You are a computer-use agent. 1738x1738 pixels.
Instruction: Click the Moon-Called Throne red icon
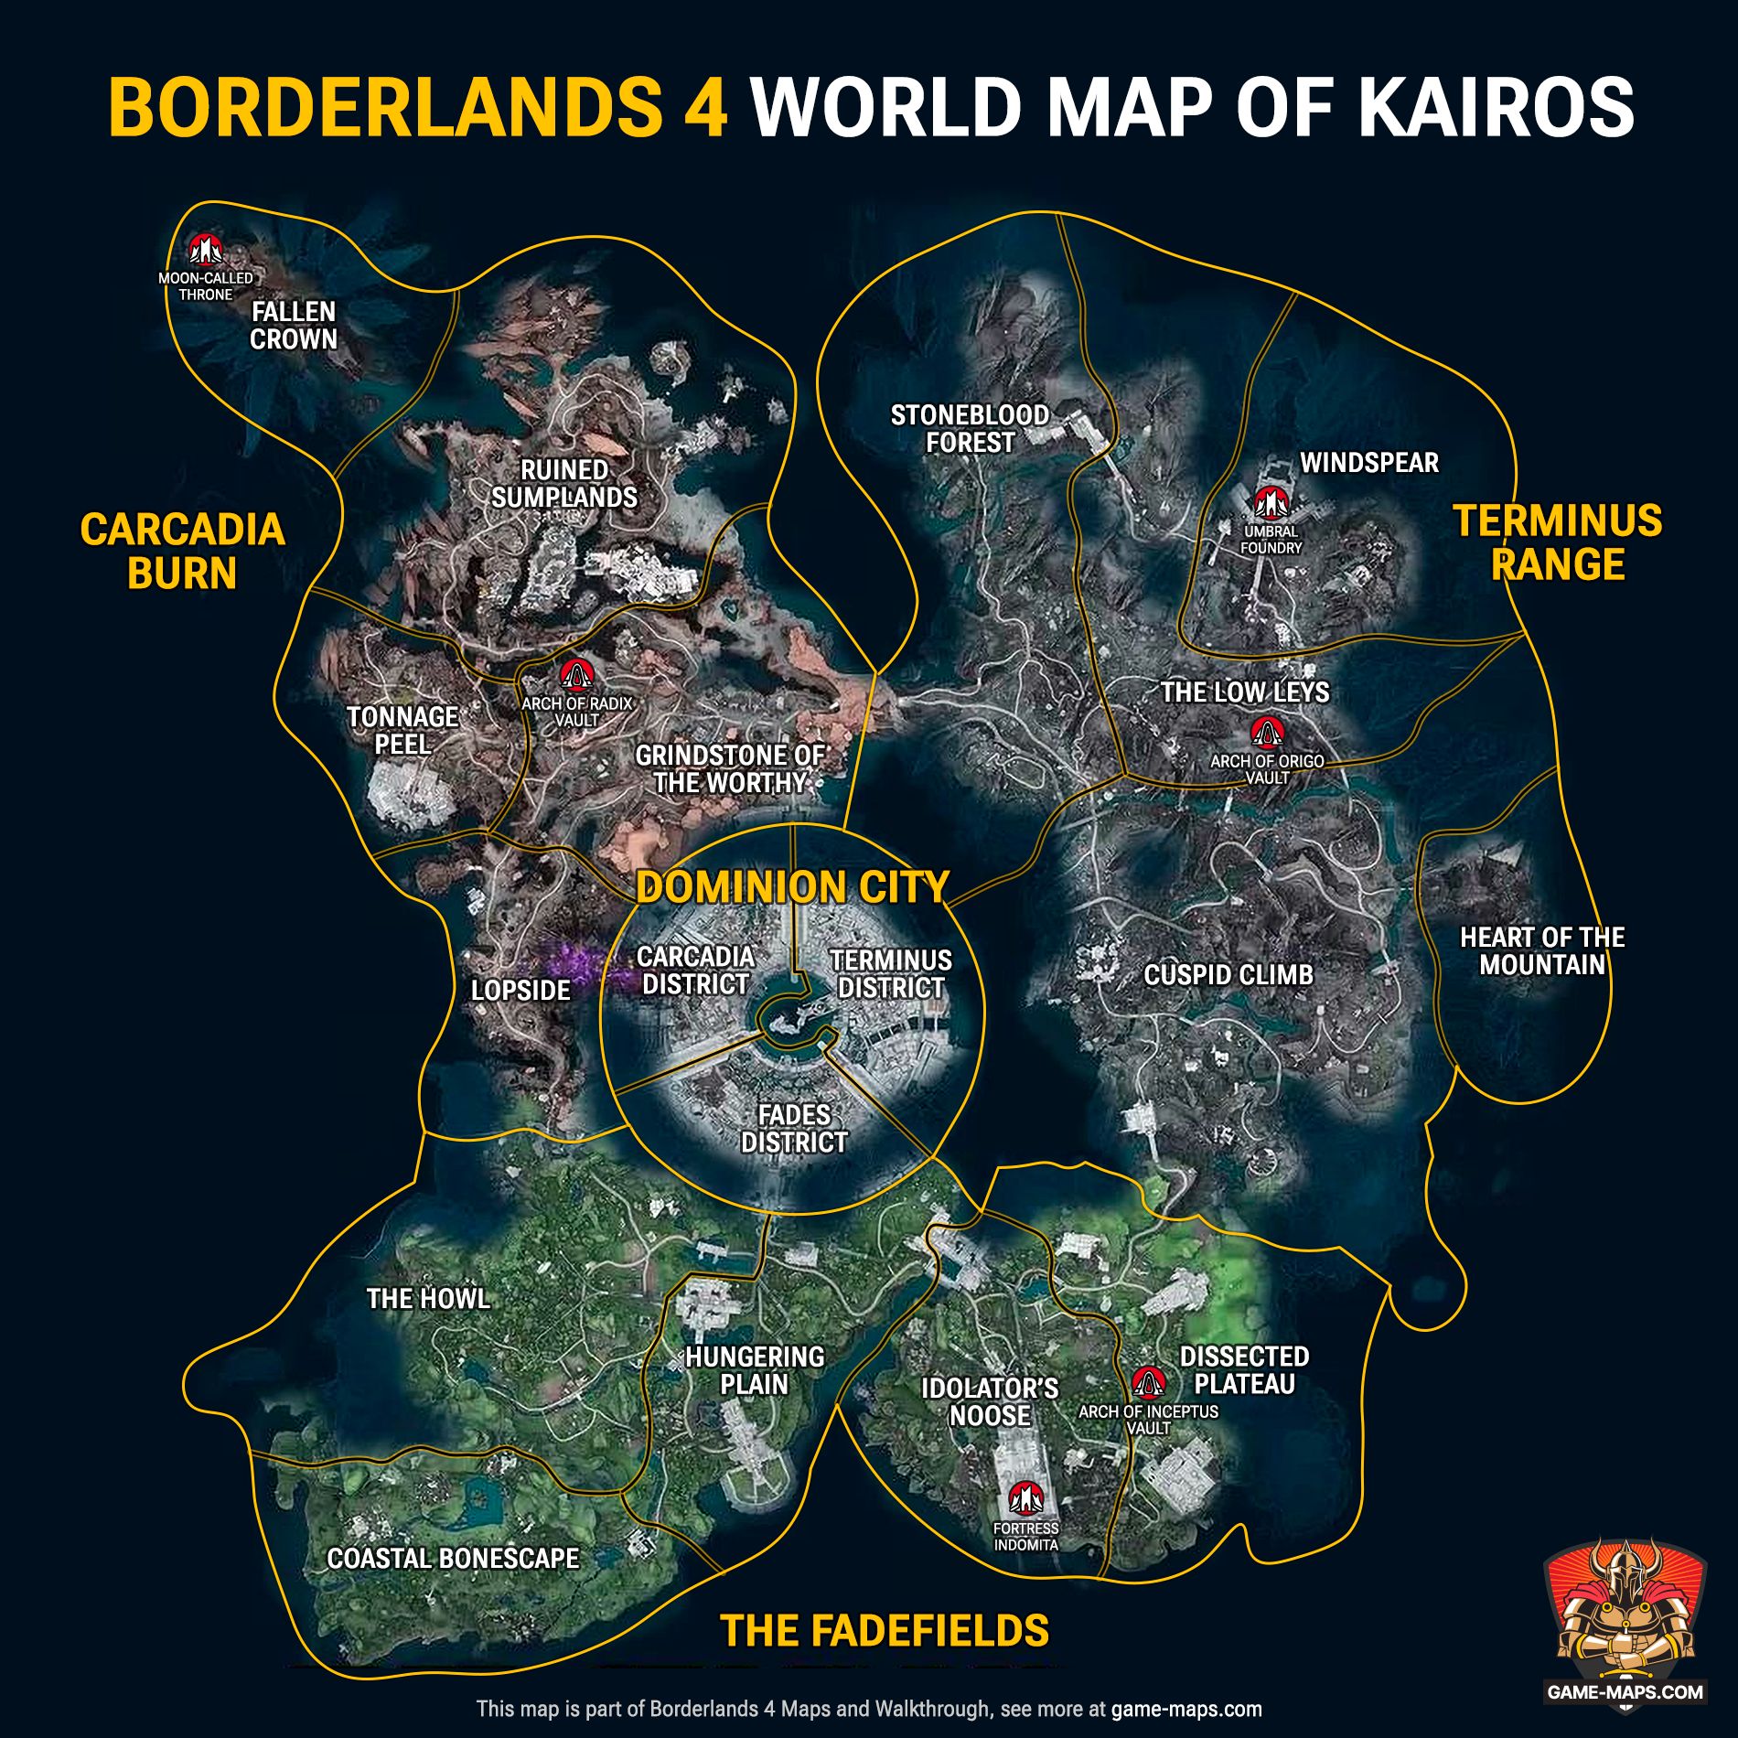[x=205, y=249]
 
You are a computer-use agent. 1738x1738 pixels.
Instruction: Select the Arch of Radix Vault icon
[x=576, y=675]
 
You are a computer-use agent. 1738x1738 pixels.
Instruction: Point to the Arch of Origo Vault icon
[x=1267, y=733]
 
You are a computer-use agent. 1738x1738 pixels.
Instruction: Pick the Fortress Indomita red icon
[x=1025, y=1498]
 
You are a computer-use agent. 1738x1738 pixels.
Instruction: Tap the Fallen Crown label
[x=294, y=326]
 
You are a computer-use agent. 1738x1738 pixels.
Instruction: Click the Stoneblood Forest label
[x=970, y=429]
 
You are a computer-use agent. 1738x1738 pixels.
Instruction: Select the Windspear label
[x=1369, y=463]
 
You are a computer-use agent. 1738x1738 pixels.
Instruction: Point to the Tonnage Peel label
[x=402, y=730]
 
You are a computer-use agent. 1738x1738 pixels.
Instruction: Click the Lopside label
[x=520, y=990]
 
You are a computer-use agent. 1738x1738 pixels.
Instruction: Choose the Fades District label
[x=794, y=1128]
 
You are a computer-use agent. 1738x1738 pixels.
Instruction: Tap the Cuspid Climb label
[x=1228, y=975]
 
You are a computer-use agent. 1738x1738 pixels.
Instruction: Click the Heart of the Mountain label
[x=1542, y=950]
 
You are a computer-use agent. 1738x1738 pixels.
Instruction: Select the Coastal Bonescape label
[x=453, y=1559]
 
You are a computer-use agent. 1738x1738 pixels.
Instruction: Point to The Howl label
[x=428, y=1298]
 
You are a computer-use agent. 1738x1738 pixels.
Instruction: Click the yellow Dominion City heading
[x=792, y=887]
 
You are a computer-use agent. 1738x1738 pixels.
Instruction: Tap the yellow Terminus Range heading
[x=1558, y=542]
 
